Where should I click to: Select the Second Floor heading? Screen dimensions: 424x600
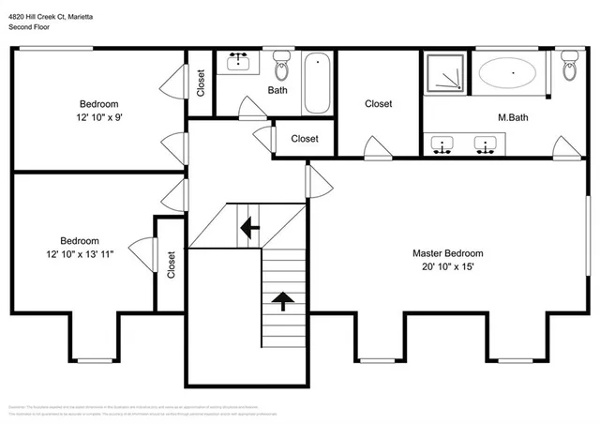coord(30,27)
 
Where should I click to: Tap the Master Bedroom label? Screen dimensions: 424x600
coord(448,253)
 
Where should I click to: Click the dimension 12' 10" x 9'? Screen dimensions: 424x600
coord(98,117)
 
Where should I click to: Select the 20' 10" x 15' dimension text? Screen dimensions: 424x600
coord(448,266)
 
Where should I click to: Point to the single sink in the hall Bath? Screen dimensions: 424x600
coord(237,64)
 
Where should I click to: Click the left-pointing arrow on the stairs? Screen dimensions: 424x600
coord(248,226)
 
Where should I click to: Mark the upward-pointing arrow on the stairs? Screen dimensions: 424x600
coord(281,300)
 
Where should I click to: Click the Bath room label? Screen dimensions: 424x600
coord(277,91)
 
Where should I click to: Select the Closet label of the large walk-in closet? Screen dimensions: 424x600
coord(379,104)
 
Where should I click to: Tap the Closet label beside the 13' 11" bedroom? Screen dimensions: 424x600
coord(171,265)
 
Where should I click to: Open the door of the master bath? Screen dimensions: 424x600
coord(566,148)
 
